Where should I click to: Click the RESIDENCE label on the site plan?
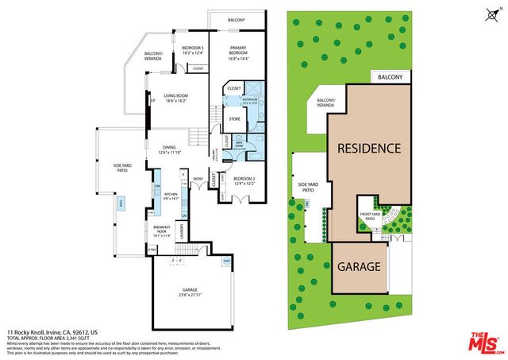pyautogui.click(x=369, y=148)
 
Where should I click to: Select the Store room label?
pyautogui.click(x=234, y=119)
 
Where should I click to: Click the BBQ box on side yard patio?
pyautogui.click(x=121, y=204)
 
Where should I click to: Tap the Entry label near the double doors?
pyautogui.click(x=198, y=179)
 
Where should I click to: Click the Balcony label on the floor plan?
pyautogui.click(x=237, y=19)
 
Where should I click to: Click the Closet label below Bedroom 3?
pyautogui.click(x=198, y=69)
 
